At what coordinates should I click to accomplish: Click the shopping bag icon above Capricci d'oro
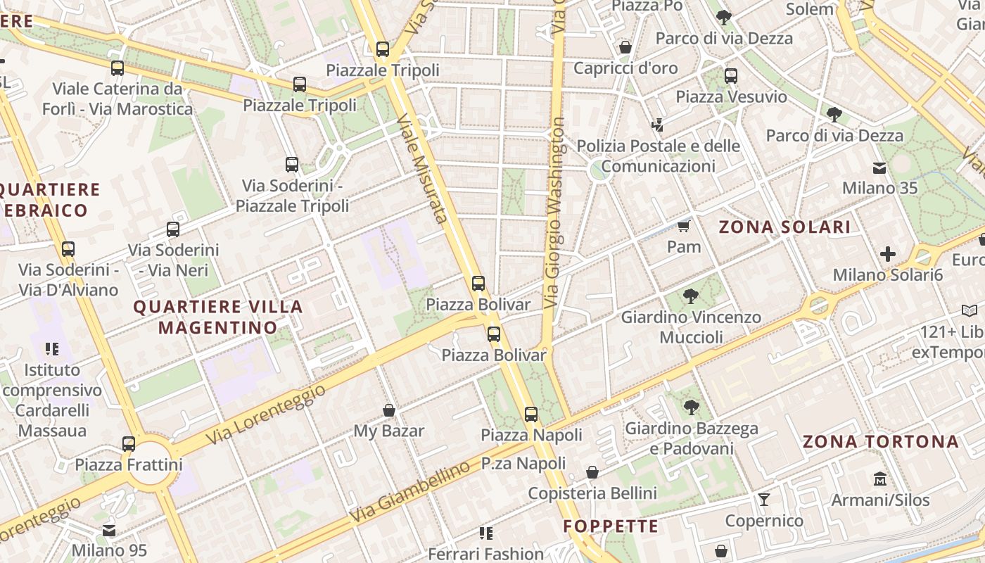625,47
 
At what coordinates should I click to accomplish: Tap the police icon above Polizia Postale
658,125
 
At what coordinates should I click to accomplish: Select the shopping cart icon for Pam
683,226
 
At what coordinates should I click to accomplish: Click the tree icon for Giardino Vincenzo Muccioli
691,296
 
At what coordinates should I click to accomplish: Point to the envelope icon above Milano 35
879,167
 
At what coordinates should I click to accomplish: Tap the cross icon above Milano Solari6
888,253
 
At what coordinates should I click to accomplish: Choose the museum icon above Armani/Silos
879,479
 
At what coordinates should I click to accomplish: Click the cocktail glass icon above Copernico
764,500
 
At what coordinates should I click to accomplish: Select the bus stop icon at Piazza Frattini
129,444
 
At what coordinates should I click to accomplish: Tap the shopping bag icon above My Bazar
388,410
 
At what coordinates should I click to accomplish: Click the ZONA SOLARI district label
784,227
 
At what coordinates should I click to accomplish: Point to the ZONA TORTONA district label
881,441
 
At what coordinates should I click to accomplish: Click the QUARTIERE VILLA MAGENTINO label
218,317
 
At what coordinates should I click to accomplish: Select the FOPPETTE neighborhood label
611,526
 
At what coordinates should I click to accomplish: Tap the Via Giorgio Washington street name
554,211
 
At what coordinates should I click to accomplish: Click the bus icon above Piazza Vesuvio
731,75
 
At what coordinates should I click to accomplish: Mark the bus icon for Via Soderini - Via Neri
173,229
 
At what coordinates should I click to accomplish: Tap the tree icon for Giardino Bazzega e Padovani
692,407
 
